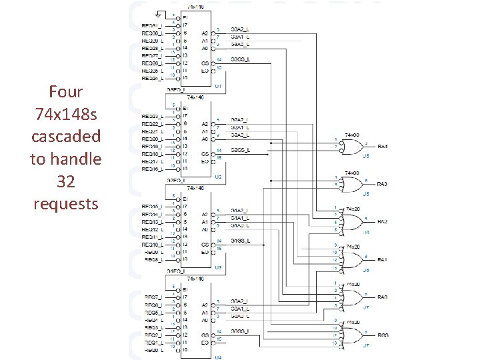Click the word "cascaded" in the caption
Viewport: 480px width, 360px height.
[x=65, y=136]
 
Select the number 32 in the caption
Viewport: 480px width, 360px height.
[x=65, y=181]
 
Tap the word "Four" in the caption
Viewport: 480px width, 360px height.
[x=65, y=91]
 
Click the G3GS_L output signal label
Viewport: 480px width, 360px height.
[x=241, y=60]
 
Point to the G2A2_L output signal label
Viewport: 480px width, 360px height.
[x=241, y=120]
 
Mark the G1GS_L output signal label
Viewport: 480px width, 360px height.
[x=241, y=241]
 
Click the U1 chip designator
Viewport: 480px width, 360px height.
[x=218, y=86]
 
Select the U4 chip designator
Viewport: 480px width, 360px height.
[x=218, y=357]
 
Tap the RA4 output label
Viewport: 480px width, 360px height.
[x=382, y=147]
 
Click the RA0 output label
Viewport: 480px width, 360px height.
[x=382, y=297]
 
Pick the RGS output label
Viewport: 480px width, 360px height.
[x=382, y=335]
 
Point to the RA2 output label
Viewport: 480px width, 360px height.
[x=382, y=221]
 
